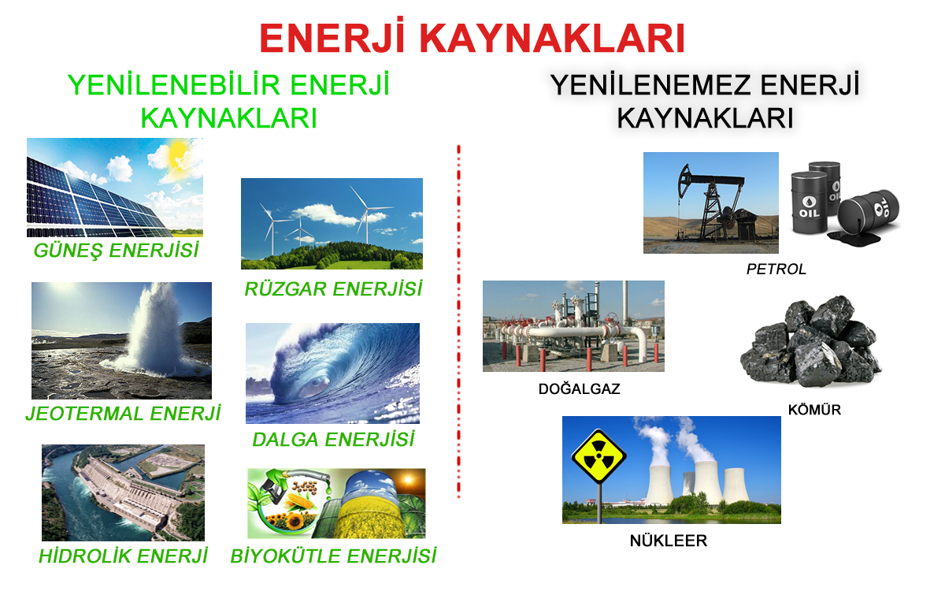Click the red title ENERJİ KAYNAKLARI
(x=472, y=37)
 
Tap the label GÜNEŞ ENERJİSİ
(x=116, y=251)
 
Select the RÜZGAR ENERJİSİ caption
(x=333, y=289)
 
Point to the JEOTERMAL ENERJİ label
(x=123, y=413)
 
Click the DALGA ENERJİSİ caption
(x=333, y=440)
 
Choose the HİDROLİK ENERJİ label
(x=123, y=556)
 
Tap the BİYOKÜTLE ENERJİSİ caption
(x=333, y=556)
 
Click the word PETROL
(x=776, y=269)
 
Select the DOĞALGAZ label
(x=580, y=388)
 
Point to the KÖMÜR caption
(x=814, y=410)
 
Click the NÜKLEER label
(x=669, y=541)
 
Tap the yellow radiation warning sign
(x=598, y=456)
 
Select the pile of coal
(x=811, y=341)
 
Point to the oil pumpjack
(x=713, y=203)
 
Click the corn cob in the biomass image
(x=299, y=504)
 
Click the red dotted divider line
(x=458, y=322)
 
